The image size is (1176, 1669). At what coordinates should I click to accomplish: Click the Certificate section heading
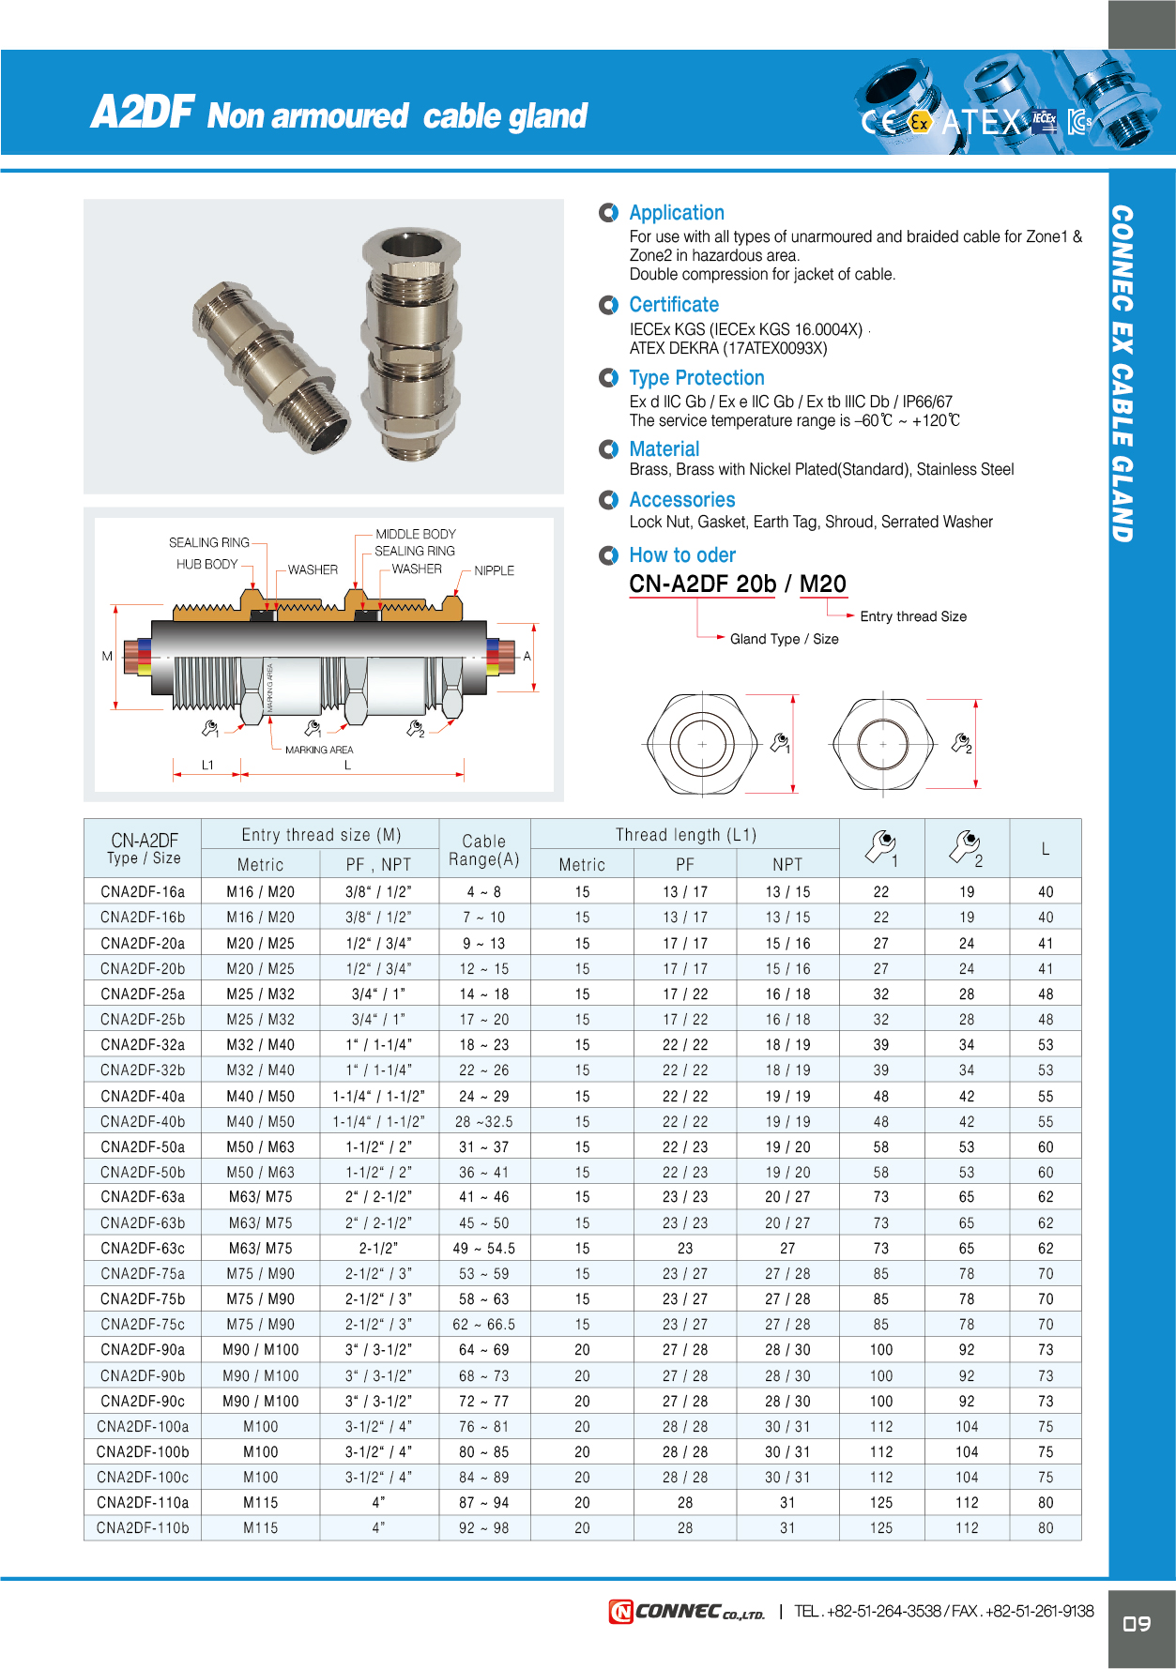point(674,305)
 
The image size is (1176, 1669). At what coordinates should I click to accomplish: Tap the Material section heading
point(664,449)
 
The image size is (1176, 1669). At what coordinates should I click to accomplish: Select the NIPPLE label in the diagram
point(494,570)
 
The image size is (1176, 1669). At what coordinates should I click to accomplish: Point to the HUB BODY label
point(206,564)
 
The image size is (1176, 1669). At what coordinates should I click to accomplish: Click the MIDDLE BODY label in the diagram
point(416,534)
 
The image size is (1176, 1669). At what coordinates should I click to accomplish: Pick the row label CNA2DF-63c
point(143,1249)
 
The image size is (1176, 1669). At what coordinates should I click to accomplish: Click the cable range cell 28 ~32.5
point(483,1122)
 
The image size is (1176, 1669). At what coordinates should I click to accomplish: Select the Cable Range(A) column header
point(483,850)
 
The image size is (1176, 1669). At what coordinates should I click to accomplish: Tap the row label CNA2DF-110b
point(143,1528)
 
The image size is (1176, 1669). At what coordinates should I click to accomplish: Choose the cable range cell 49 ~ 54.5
point(483,1249)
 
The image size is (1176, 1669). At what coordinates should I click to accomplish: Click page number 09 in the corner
point(1137,1624)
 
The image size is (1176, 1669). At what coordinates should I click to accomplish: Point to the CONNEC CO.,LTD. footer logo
point(687,1612)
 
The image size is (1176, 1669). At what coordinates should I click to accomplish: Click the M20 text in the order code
point(822,584)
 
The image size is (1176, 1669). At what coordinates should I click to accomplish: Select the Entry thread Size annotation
point(912,616)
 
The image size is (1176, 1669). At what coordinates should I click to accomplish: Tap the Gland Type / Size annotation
point(784,639)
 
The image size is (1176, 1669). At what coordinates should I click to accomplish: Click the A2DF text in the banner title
point(142,113)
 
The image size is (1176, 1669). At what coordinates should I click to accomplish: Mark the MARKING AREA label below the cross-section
point(319,750)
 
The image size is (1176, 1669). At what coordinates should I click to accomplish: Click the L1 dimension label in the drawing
point(207,765)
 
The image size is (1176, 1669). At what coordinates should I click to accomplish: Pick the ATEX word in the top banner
point(981,122)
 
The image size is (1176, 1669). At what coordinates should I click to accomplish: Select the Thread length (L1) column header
point(685,835)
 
